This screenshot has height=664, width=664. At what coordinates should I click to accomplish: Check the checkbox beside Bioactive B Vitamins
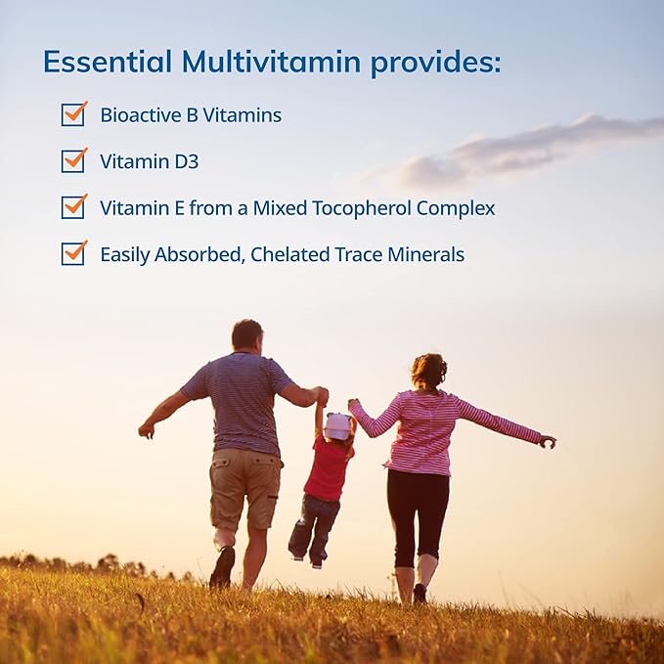click(73, 114)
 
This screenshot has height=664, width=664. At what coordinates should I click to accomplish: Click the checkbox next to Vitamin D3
click(73, 160)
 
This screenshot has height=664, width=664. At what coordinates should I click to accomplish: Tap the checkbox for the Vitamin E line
click(73, 207)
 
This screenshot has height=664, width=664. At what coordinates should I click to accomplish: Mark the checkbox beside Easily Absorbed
click(73, 253)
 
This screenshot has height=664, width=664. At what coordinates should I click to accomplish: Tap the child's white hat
click(337, 425)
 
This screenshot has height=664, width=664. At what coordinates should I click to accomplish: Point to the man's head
click(246, 335)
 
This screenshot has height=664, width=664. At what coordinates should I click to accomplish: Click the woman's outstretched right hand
click(548, 441)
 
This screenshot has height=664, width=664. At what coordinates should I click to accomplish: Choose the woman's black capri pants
click(418, 513)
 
